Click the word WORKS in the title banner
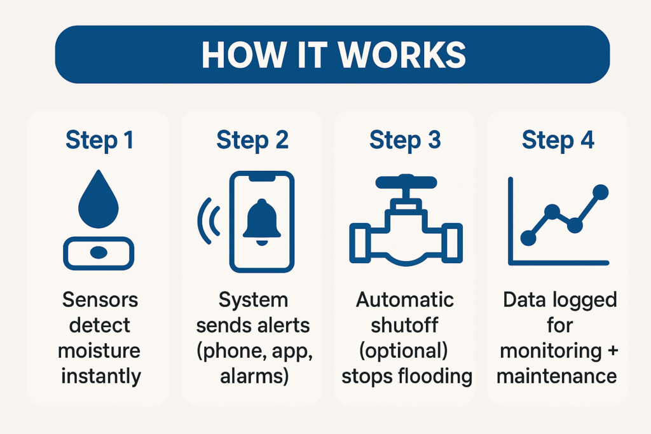402,55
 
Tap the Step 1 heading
99,140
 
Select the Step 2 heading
252,140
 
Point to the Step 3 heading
405,140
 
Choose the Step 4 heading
558,140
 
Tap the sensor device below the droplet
99,252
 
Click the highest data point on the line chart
600,191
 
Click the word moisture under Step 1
100,350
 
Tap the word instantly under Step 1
100,376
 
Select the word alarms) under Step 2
253,376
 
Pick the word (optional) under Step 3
406,350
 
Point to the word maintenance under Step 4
557,376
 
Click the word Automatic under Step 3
406,299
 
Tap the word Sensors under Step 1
100,299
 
